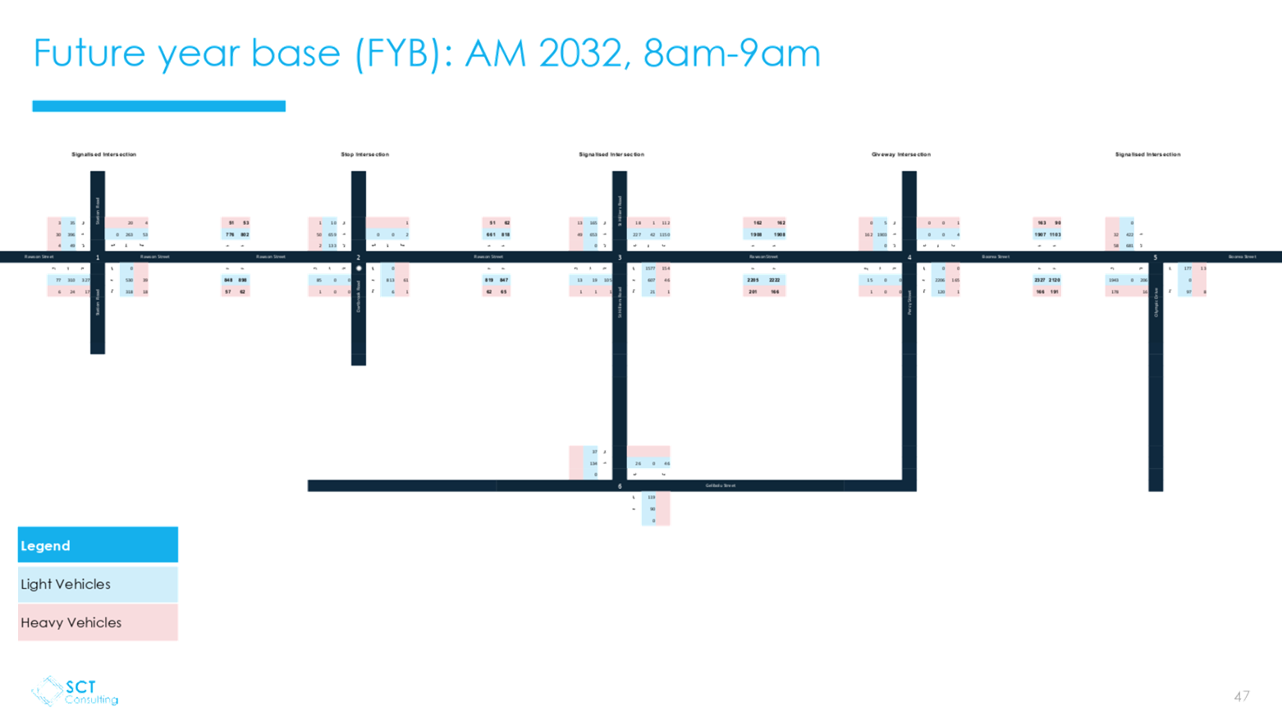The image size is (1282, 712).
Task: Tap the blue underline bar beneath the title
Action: coord(159,106)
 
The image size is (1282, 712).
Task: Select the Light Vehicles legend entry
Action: coord(98,584)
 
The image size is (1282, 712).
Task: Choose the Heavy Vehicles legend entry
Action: coord(98,622)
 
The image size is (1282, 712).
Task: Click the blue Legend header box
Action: coord(98,545)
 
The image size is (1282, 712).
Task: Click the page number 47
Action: coord(1241,696)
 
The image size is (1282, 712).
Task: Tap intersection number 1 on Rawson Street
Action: coord(98,257)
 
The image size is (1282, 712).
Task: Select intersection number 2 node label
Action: coord(359,257)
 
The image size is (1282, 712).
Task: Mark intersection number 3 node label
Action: coord(620,257)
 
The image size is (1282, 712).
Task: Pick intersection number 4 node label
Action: coord(909,257)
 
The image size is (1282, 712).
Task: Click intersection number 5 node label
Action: coord(1156,257)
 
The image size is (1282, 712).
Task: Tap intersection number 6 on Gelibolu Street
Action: coord(620,486)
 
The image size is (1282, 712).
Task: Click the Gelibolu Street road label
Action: coord(721,485)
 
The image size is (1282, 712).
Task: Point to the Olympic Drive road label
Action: coord(1156,301)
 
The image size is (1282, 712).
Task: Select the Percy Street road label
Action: coord(909,301)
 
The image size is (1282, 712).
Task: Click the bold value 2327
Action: coord(1040,280)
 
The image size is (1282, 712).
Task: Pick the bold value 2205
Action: coord(753,280)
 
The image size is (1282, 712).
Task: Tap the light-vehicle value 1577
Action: coord(650,269)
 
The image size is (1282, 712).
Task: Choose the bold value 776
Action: coord(230,235)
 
